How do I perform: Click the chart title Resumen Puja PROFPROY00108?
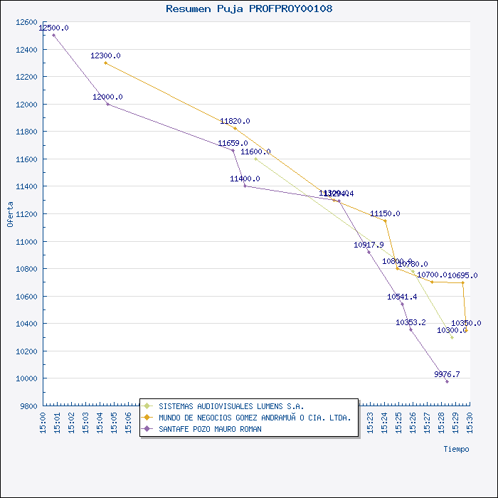[248, 9]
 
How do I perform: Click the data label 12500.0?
[54, 28]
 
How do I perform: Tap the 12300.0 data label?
[105, 55]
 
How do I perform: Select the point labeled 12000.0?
[107, 104]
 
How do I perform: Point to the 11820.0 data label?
[235, 122]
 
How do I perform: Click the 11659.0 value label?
[233, 143]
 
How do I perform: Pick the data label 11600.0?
[255, 152]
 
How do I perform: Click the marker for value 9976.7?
[447, 381]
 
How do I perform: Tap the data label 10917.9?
[369, 245]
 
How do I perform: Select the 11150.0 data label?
[385, 213]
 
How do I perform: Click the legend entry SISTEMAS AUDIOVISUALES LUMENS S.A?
[231, 406]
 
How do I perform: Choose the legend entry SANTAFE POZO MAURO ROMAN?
[210, 429]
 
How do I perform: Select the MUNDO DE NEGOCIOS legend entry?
[255, 418]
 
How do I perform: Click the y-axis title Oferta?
[10, 213]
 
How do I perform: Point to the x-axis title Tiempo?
[456, 449]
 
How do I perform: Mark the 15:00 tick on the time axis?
[44, 421]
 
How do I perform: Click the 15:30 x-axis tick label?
[470, 421]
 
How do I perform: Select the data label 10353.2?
[410, 322]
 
